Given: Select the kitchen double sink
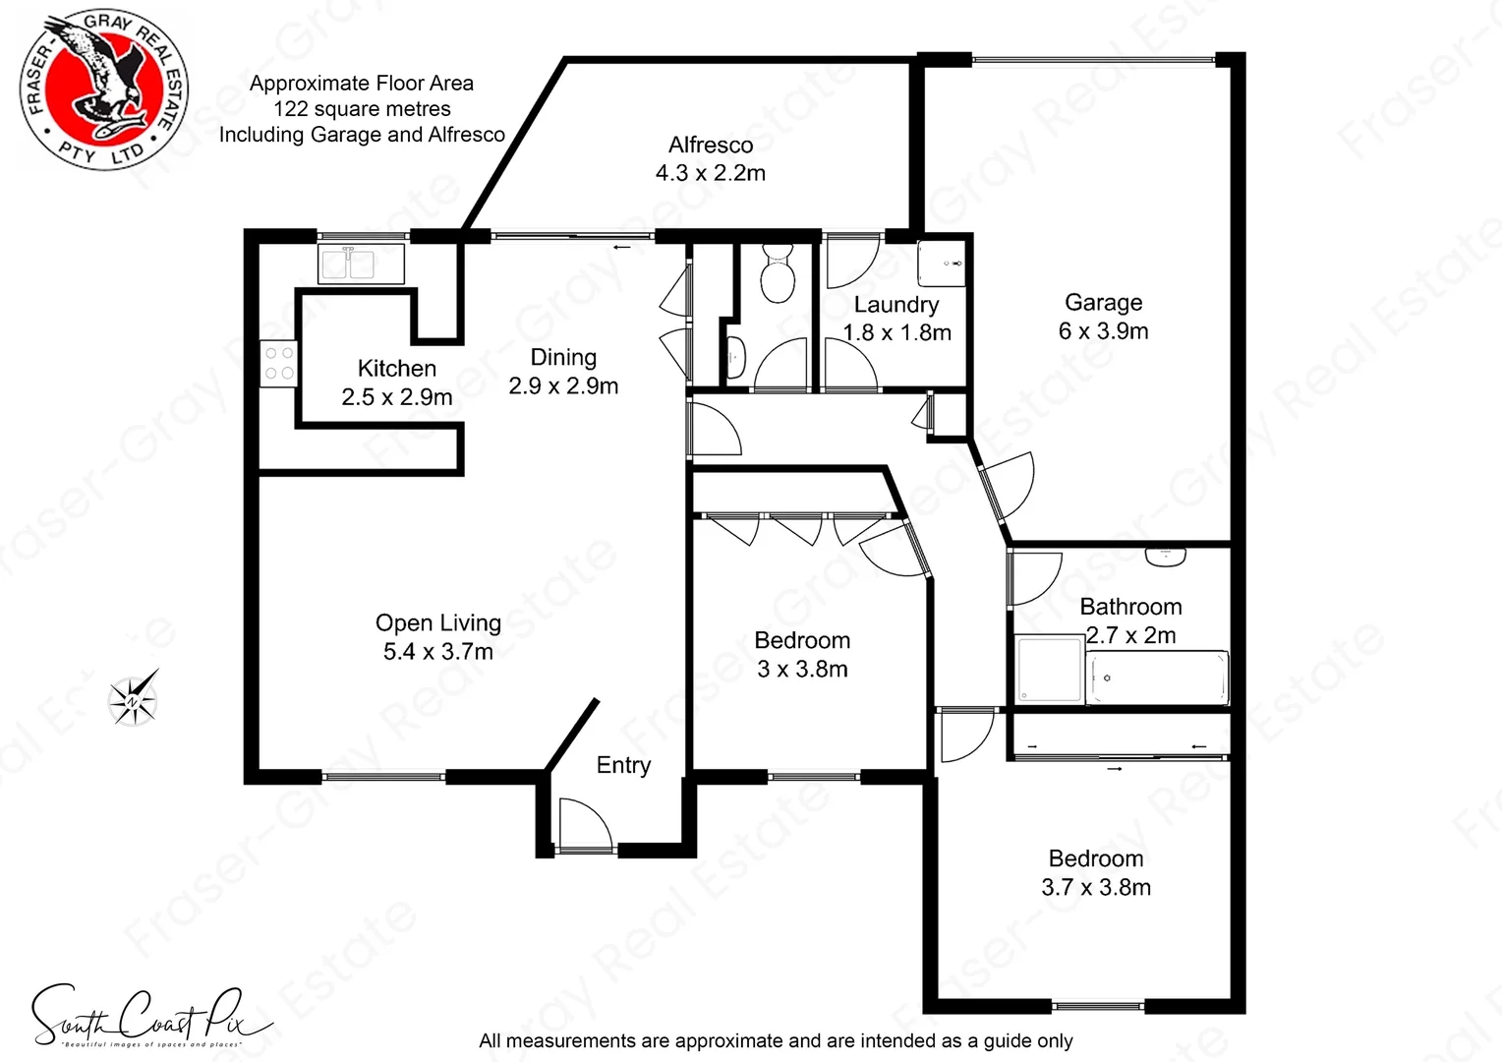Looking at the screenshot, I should (361, 263).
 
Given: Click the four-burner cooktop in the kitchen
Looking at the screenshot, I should (278, 363).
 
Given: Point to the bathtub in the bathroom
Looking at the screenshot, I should (1158, 678).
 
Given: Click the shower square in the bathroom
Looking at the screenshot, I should (1048, 671).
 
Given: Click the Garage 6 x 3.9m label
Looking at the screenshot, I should (1103, 317).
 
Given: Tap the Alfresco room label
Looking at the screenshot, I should (711, 146).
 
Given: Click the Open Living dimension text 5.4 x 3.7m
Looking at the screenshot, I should (438, 651).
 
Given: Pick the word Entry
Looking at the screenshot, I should (623, 765).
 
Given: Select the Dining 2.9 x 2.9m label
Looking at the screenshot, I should (563, 372).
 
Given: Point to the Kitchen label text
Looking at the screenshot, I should (397, 369).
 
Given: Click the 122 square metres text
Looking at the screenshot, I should (362, 109).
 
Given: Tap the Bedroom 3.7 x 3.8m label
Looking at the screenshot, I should (1095, 873).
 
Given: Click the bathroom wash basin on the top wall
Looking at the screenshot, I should (1165, 557).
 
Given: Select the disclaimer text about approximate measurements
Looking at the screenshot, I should (776, 1040).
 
